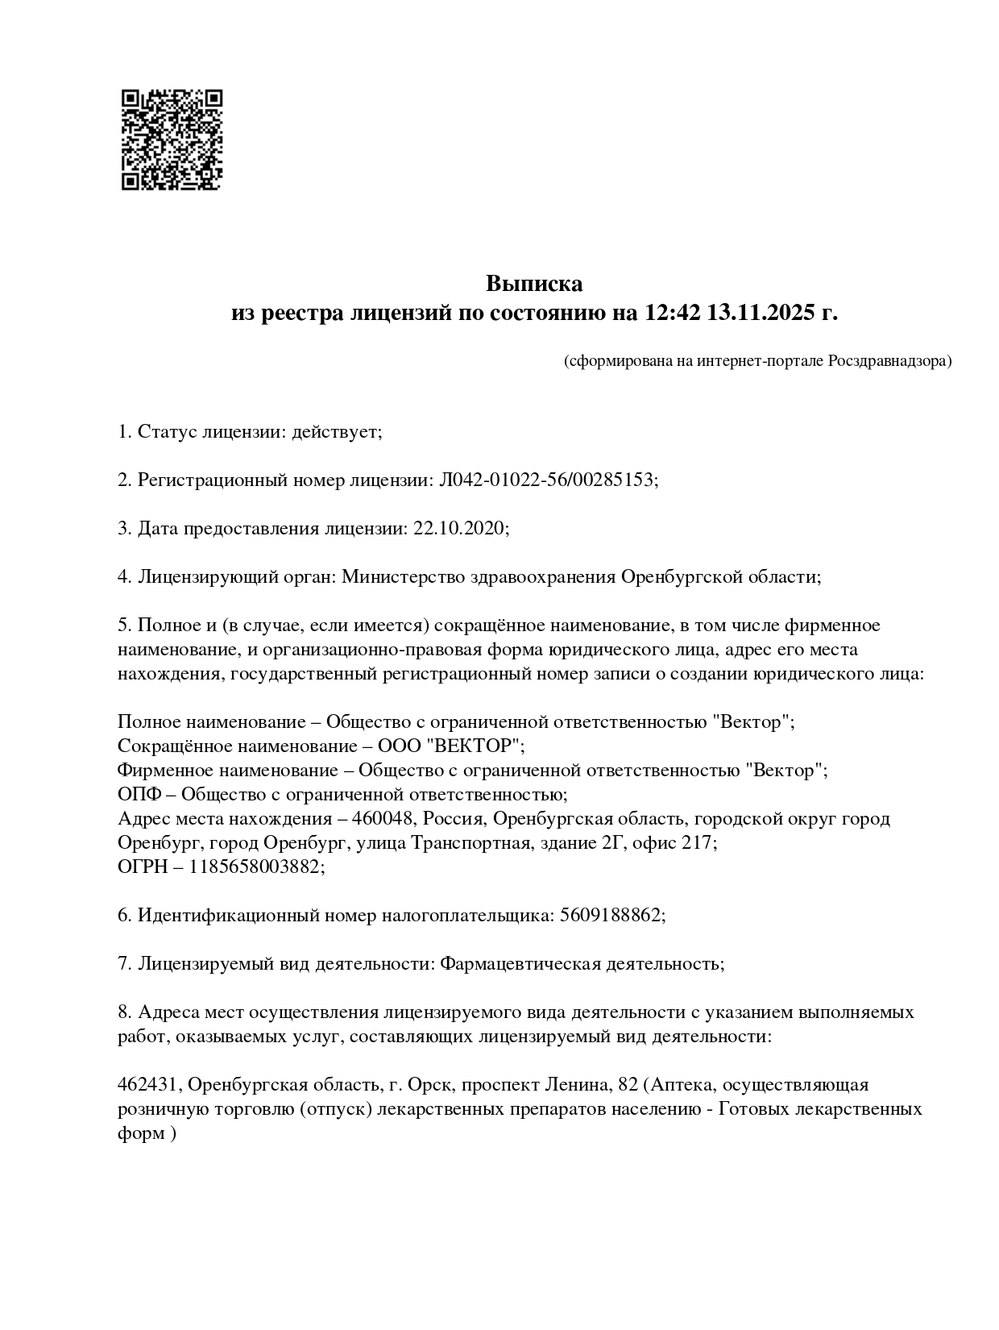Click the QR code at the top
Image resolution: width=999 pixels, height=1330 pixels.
(172, 139)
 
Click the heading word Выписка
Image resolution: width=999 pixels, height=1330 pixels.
(533, 284)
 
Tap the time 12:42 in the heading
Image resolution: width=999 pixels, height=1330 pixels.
(671, 313)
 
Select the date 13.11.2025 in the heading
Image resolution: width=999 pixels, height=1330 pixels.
(761, 313)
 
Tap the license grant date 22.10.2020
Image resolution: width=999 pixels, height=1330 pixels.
(460, 529)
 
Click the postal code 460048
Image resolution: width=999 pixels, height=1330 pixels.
(388, 819)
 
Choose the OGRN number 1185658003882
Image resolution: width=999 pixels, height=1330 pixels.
(255, 867)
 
